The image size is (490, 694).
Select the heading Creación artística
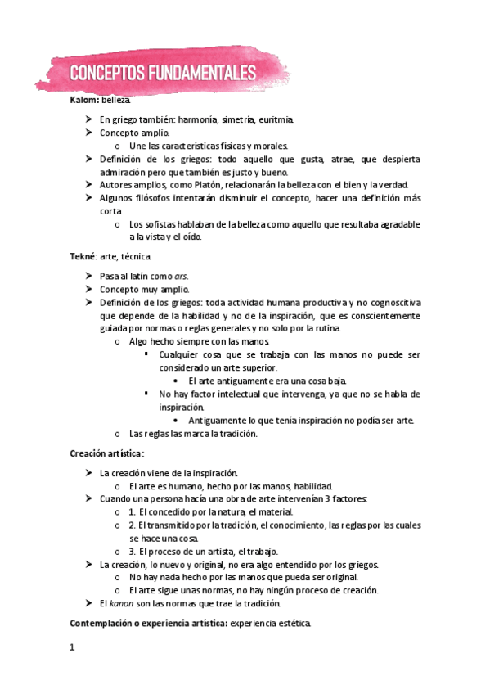point(106,453)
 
